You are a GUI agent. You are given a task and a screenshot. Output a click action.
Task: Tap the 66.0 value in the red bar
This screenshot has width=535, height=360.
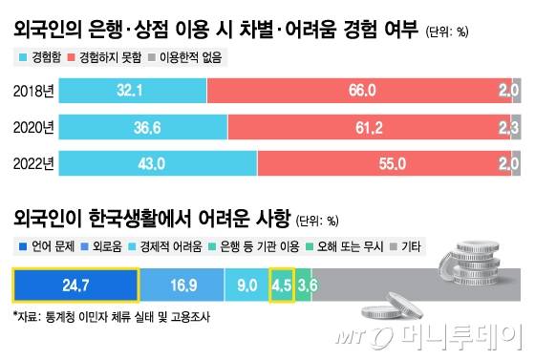pyautogui.click(x=363, y=91)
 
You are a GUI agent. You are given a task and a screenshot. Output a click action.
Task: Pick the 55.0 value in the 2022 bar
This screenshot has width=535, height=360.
pyautogui.click(x=389, y=163)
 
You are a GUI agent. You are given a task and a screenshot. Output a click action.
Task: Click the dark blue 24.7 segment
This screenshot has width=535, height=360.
pyautogui.click(x=75, y=285)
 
